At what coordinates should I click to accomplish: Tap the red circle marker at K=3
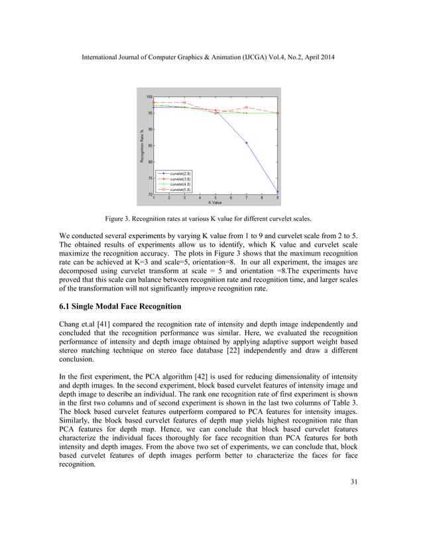(184, 103)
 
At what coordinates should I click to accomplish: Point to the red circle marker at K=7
(246, 107)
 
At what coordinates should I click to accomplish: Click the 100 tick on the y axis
(149, 97)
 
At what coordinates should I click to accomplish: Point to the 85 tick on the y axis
(150, 145)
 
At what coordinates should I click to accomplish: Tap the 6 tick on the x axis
(231, 198)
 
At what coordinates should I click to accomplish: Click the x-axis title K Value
(215, 202)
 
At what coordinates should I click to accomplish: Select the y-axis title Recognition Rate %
(142, 147)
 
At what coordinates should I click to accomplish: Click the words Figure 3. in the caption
(120, 218)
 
